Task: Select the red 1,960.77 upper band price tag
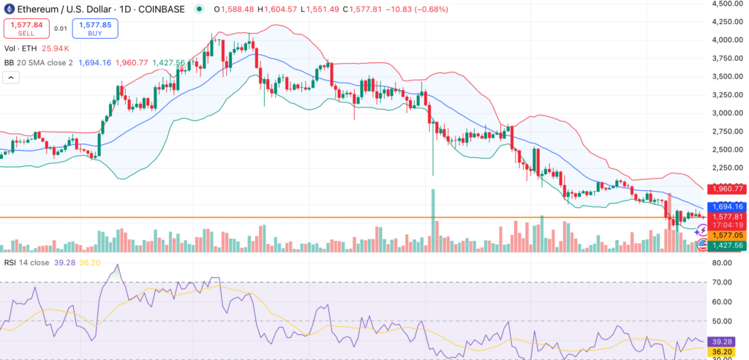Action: (725, 188)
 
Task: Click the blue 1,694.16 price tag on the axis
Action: (725, 206)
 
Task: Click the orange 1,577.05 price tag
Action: (725, 236)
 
